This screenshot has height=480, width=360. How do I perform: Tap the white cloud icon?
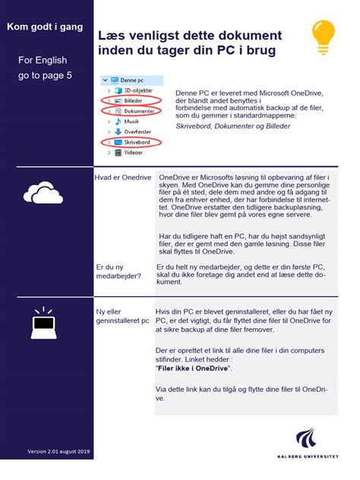pos(43,194)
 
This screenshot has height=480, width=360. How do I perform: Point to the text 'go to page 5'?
pos(45,76)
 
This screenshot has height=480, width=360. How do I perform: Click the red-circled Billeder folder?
pos(122,100)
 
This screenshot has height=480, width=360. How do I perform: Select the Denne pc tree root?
pos(128,79)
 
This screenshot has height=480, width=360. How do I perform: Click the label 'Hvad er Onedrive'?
pos(123,177)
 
